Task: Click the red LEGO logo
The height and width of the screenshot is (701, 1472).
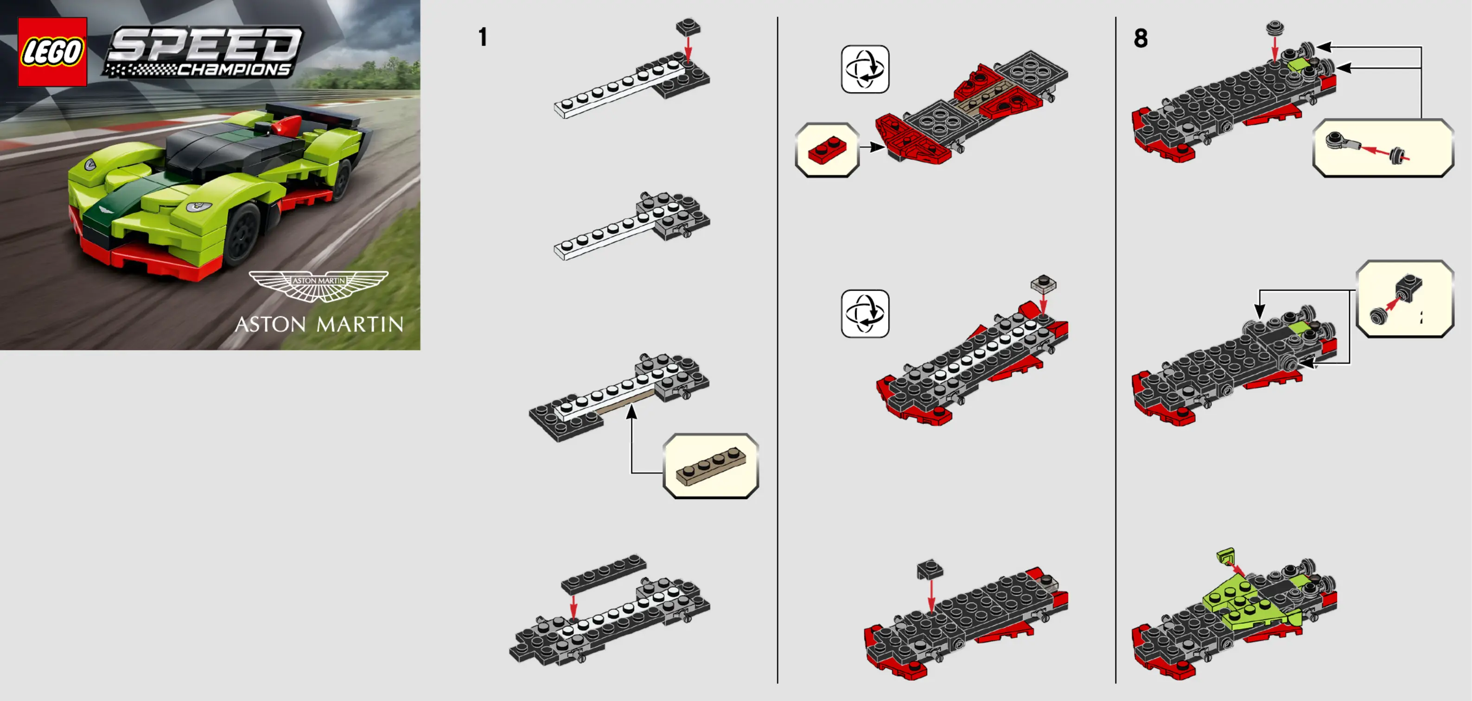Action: click(x=52, y=51)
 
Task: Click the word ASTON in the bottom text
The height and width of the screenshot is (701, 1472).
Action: click(x=270, y=325)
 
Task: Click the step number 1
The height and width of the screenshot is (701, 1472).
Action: click(x=483, y=38)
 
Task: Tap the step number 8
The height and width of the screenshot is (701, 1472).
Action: click(x=1141, y=38)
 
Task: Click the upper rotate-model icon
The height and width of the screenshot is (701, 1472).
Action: click(x=865, y=69)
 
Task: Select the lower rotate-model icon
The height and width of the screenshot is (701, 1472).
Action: click(x=865, y=314)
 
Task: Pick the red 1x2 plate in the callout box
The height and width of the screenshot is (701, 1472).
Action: click(x=827, y=150)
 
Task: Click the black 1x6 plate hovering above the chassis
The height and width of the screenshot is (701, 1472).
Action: click(x=604, y=573)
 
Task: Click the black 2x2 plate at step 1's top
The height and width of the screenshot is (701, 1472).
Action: click(x=688, y=27)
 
